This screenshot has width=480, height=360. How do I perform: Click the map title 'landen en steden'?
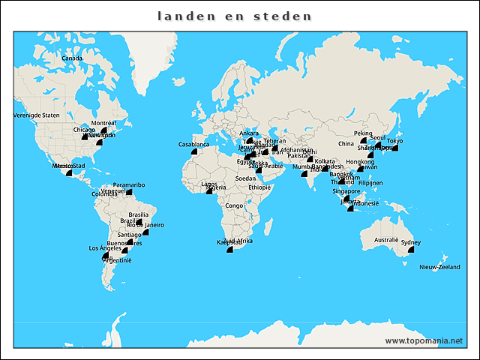[235, 16]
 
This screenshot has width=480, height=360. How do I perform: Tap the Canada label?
[72, 58]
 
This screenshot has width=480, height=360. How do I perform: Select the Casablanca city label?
[193, 144]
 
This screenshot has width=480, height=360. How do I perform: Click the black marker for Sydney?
[411, 249]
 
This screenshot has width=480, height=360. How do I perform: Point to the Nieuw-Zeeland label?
[439, 267]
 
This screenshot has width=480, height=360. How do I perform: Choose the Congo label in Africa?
[234, 205]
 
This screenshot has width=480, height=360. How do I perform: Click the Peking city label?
[363, 133]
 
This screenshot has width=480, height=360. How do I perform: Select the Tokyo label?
[395, 141]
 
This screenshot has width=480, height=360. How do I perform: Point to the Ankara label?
[248, 133]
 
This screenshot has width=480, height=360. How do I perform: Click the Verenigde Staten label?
[36, 115]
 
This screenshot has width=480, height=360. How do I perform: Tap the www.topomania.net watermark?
[424, 341]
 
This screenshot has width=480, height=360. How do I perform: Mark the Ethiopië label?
[259, 187]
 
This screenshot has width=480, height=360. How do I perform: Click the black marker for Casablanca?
[193, 151]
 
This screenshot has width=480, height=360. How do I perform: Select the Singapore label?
[346, 191]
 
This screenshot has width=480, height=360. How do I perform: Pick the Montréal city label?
[103, 123]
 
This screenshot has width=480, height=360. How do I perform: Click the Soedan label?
[245, 178]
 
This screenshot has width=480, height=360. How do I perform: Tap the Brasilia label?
[139, 214]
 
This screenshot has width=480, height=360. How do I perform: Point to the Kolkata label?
[325, 161]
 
